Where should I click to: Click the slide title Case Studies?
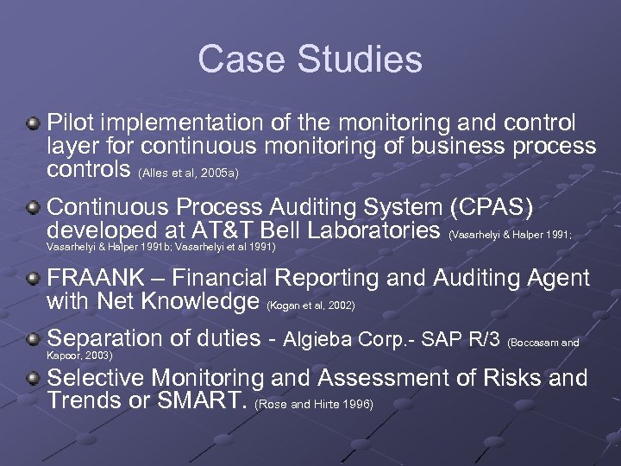310,60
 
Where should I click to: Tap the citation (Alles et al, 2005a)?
188,173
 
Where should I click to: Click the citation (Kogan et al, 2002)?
311,305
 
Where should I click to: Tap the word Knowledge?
198,301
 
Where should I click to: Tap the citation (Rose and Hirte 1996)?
314,404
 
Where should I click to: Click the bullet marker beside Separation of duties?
33,339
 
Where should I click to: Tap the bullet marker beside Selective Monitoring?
33,379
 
